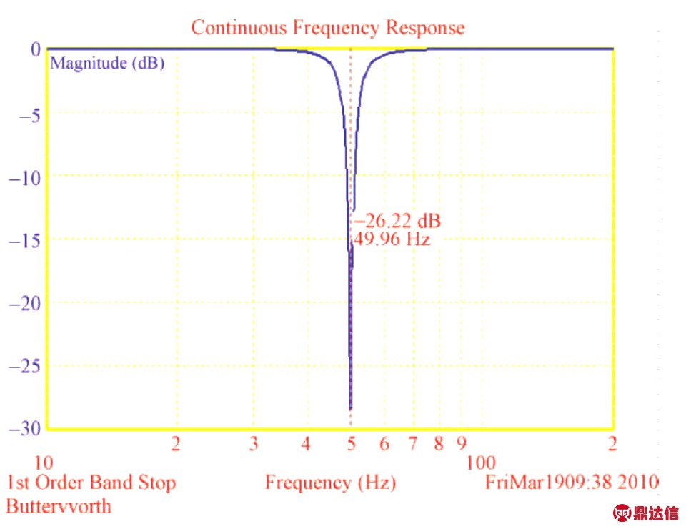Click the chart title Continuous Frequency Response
tap(328, 28)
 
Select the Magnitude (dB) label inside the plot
tap(108, 63)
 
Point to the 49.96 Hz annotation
tap(392, 239)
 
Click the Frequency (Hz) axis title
tap(330, 483)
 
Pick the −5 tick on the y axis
tap(23, 113)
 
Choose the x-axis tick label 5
tap(351, 444)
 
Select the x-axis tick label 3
tap(254, 444)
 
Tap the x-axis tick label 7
tap(413, 444)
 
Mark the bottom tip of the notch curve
tap(350, 410)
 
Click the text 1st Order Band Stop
tap(91, 483)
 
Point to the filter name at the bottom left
tap(59, 507)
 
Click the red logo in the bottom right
tap(646, 513)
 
